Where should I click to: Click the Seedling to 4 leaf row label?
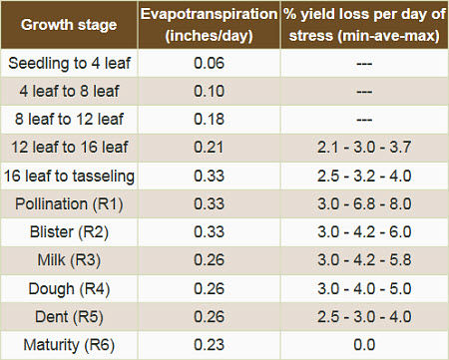69,62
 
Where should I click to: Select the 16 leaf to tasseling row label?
71,177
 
